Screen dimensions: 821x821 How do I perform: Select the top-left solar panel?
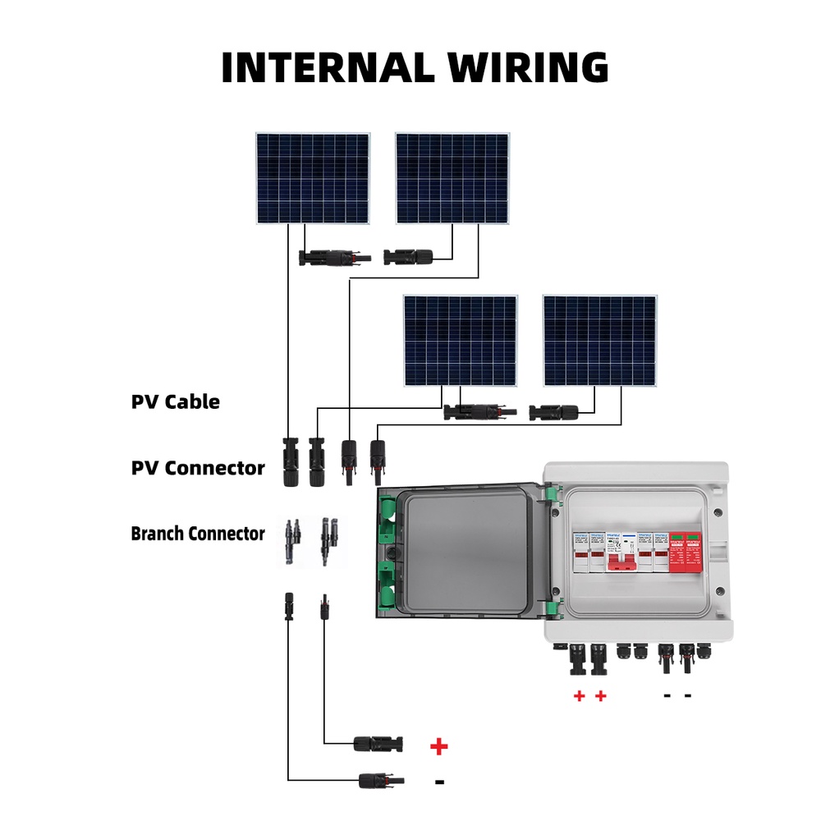click(x=312, y=178)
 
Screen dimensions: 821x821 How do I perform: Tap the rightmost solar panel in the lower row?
click(x=600, y=341)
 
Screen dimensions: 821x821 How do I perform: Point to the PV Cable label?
click(x=176, y=402)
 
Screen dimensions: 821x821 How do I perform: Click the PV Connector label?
click(x=198, y=469)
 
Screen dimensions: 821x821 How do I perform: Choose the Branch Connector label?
click(x=198, y=534)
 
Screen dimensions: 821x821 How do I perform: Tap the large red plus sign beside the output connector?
click(x=439, y=746)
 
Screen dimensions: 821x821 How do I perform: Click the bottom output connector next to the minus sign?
click(x=378, y=777)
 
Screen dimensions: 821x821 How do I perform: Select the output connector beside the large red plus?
click(x=378, y=744)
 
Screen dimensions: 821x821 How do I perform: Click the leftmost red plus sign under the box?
click(x=579, y=696)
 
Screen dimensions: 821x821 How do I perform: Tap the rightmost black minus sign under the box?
click(x=688, y=696)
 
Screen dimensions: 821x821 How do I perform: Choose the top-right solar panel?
click(x=452, y=178)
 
